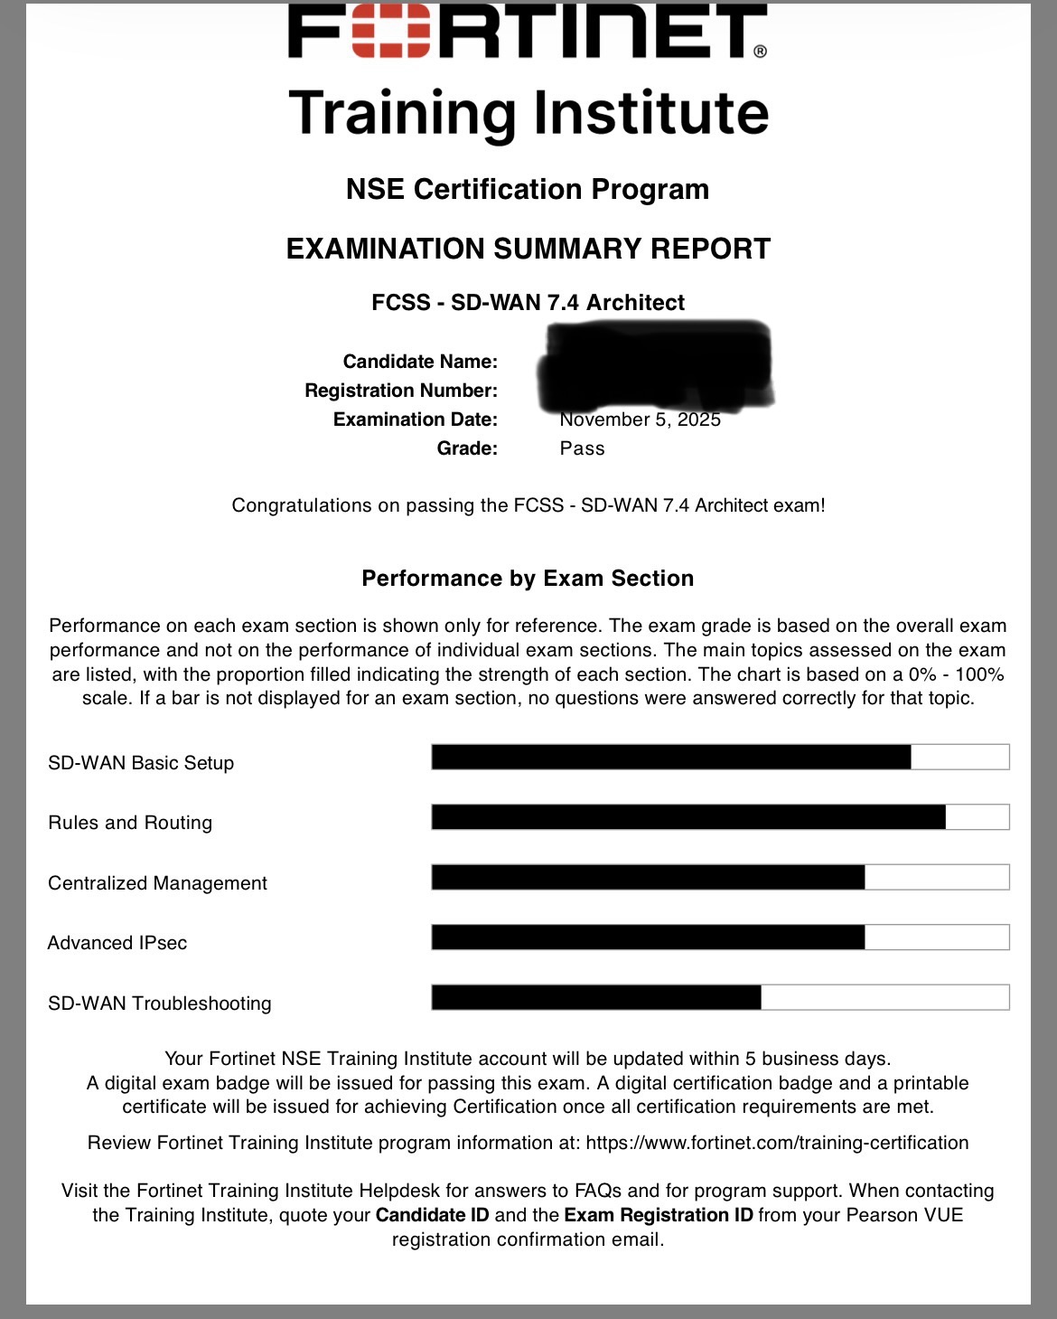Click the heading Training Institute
[528, 113]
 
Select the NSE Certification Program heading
[528, 189]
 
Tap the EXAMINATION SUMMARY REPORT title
[528, 249]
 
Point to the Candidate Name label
[420, 362]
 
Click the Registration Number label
[401, 391]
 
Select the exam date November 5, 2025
[640, 420]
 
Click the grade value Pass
[582, 448]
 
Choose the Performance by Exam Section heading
[528, 579]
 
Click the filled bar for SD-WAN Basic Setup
[670, 757]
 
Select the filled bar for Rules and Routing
[688, 817]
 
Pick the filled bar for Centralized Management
[648, 877]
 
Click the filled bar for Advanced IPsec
[648, 937]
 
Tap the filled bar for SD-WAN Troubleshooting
[596, 997]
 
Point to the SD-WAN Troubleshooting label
[160, 1003]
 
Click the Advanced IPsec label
[117, 943]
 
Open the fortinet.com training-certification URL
[777, 1143]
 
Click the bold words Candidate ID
[432, 1215]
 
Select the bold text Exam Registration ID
[659, 1215]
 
